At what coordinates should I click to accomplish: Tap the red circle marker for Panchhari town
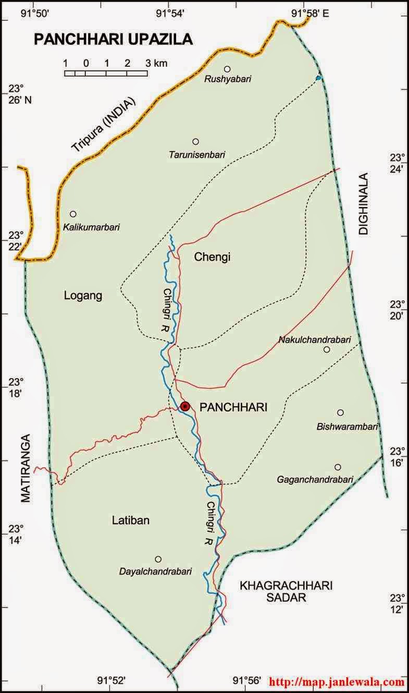tap(184, 406)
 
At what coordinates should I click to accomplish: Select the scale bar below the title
tap(106, 73)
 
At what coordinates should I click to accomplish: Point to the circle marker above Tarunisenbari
tap(195, 141)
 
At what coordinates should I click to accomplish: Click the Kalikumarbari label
tap(91, 227)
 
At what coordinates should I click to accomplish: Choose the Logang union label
tap(83, 296)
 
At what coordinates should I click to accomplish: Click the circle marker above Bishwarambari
tap(340, 412)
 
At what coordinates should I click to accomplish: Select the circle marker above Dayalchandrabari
tap(158, 559)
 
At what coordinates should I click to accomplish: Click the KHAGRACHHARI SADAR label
tap(286, 592)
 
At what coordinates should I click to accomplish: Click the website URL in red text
tap(337, 682)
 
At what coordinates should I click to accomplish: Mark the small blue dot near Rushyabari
tap(318, 78)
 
